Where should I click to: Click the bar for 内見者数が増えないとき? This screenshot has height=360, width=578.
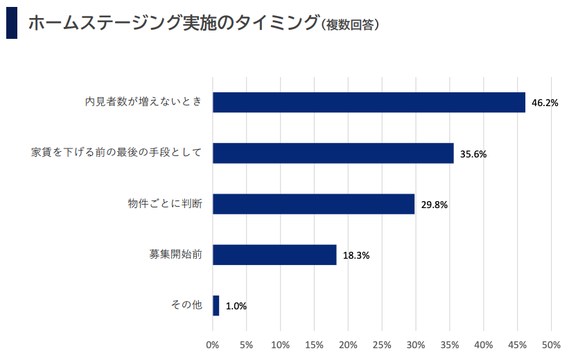pyautogui.click(x=369, y=102)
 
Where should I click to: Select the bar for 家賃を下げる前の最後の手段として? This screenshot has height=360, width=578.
pyautogui.click(x=333, y=153)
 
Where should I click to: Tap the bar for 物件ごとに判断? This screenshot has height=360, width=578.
pyautogui.click(x=313, y=204)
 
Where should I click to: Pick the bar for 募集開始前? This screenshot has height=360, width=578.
pyautogui.click(x=274, y=255)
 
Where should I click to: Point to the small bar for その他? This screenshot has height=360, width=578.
pyautogui.click(x=216, y=305)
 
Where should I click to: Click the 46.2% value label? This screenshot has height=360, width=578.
pyautogui.click(x=545, y=103)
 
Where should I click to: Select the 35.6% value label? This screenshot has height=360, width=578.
pyautogui.click(x=473, y=154)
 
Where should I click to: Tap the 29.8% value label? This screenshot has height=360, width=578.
pyautogui.click(x=434, y=205)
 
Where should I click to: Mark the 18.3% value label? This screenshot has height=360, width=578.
pyautogui.click(x=356, y=255)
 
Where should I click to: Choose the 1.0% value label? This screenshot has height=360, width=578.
pyautogui.click(x=236, y=306)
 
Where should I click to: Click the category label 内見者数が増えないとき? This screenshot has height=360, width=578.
pyautogui.click(x=143, y=102)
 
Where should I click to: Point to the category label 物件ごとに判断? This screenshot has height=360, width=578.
pyautogui.click(x=165, y=204)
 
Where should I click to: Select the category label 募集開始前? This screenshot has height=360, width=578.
pyautogui.click(x=176, y=255)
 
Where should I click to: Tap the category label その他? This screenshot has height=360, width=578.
pyautogui.click(x=186, y=305)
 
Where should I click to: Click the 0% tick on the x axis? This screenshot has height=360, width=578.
pyautogui.click(x=213, y=345)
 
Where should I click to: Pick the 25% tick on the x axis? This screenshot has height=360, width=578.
pyautogui.click(x=382, y=345)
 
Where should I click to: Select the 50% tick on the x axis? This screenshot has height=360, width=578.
pyautogui.click(x=551, y=345)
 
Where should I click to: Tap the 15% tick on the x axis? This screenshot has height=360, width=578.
pyautogui.click(x=314, y=345)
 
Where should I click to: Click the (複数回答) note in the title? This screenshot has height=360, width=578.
pyautogui.click(x=350, y=25)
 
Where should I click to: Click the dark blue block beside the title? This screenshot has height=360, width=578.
pyautogui.click(x=11, y=23)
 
